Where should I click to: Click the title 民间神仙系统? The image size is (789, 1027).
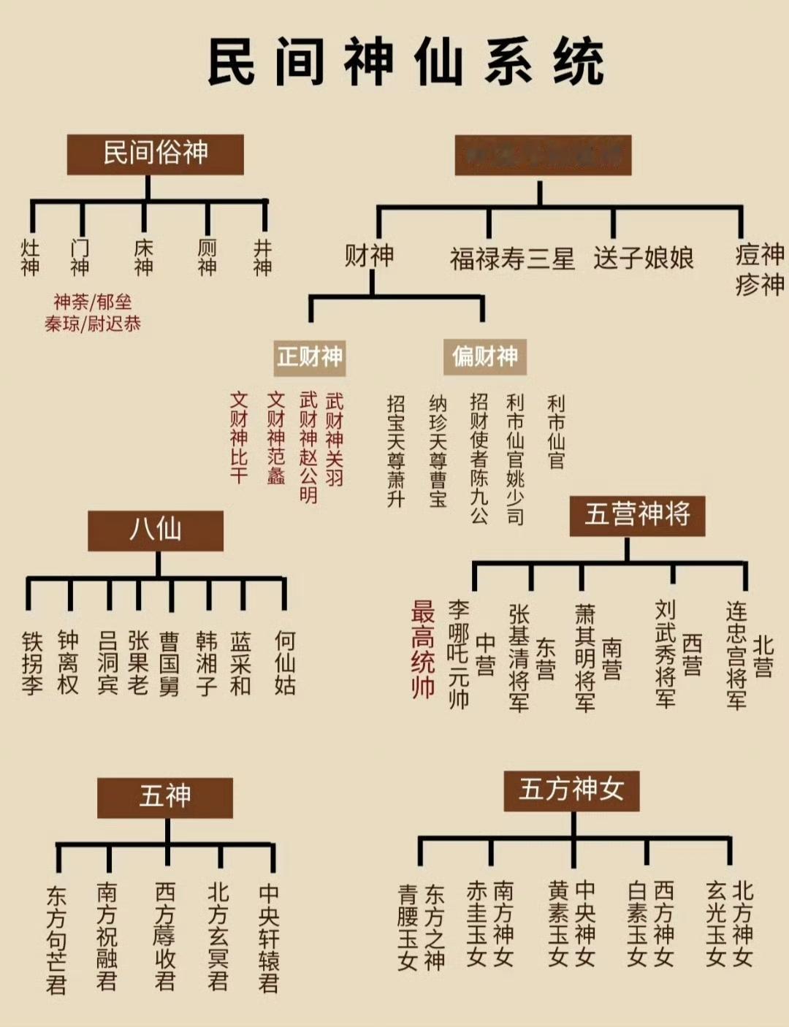(x=406, y=63)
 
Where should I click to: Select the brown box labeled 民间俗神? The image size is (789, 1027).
(x=155, y=153)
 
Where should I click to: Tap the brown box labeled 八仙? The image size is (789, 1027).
(x=156, y=530)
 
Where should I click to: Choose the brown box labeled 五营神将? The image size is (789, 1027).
(x=637, y=515)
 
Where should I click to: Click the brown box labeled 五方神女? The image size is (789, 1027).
(x=571, y=790)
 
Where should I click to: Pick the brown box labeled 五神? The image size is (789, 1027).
(x=165, y=796)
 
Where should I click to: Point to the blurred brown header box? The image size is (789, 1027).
(x=543, y=155)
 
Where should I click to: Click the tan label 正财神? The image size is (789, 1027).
(x=310, y=356)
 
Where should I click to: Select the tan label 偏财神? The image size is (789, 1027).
(x=484, y=356)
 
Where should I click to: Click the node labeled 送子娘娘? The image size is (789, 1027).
(x=643, y=258)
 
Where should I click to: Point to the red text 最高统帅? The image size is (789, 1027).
(x=423, y=649)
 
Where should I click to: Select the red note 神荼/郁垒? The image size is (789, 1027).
(x=93, y=302)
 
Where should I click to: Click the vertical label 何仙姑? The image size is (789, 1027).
(x=285, y=663)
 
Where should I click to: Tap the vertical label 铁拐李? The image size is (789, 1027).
(x=32, y=663)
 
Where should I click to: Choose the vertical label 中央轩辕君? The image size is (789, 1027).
(x=269, y=938)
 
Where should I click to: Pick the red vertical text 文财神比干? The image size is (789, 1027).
(x=240, y=437)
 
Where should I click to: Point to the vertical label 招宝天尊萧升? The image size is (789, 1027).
(x=396, y=451)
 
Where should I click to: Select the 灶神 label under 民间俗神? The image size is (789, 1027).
(x=30, y=257)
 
